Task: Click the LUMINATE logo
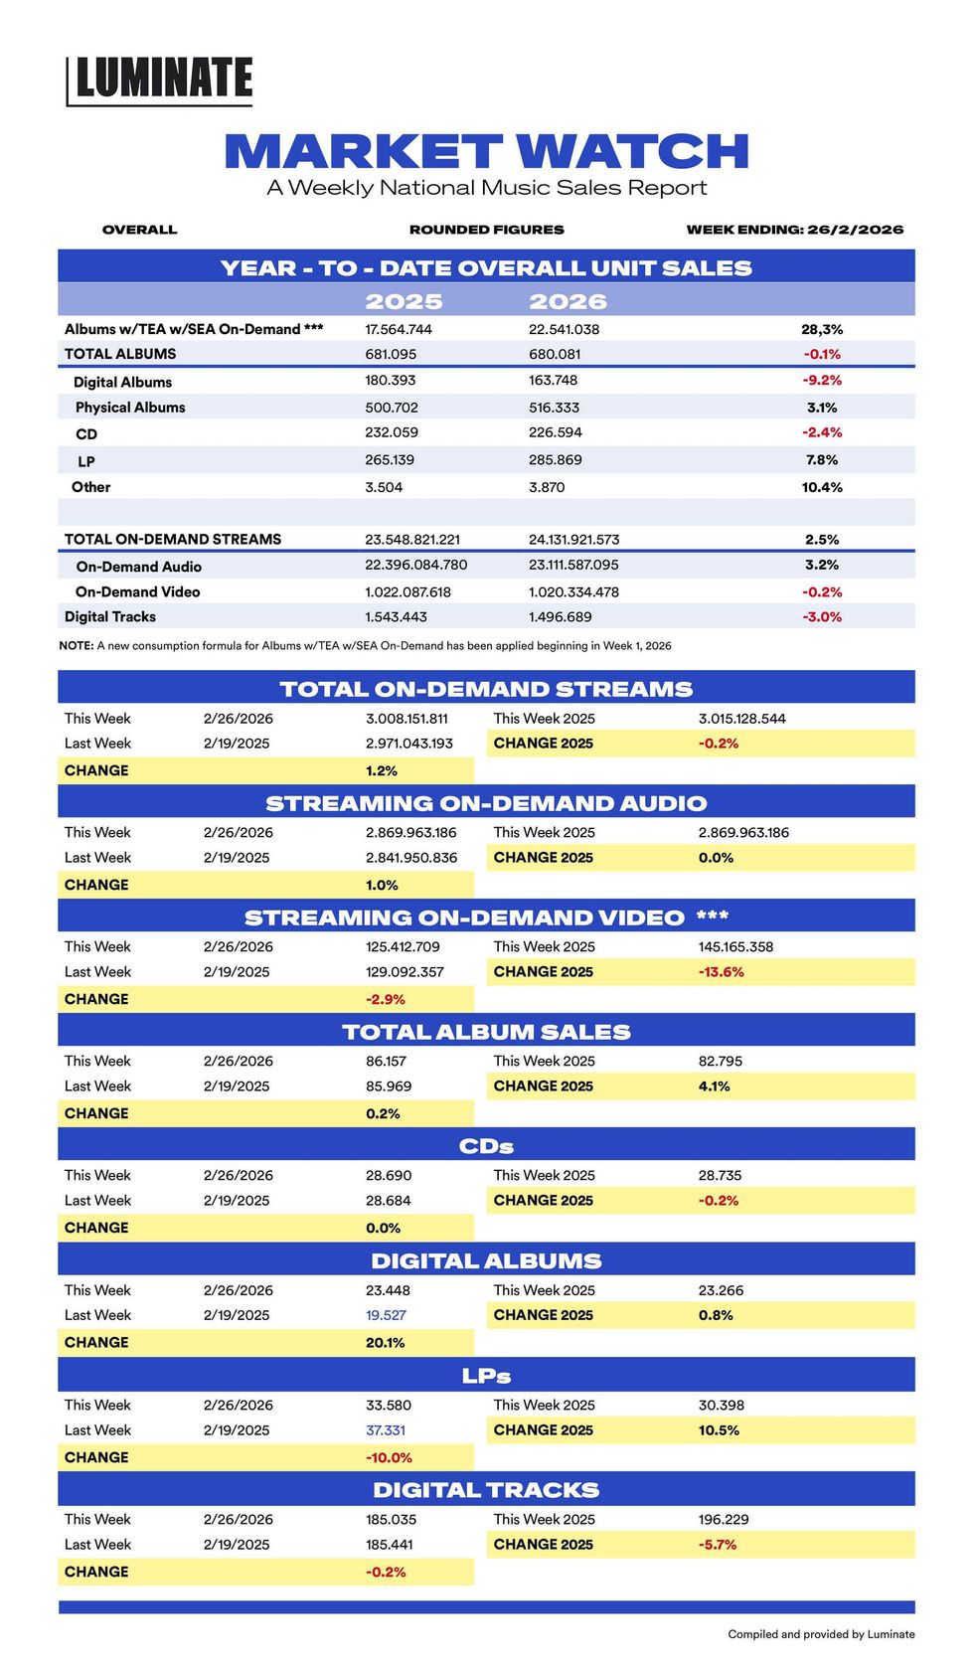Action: [x=161, y=80]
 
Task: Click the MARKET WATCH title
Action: [x=486, y=151]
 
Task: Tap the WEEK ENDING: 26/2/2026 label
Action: [x=795, y=230]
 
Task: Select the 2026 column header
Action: [x=568, y=301]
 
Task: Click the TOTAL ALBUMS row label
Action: [x=120, y=354]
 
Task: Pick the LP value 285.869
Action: [x=556, y=460]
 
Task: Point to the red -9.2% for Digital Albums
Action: [x=822, y=380]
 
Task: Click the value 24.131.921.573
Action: [x=573, y=540]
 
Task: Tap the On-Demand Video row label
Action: [x=138, y=591]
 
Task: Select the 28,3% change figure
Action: [x=822, y=329]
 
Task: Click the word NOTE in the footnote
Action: [x=76, y=646]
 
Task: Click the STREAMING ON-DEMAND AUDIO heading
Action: [x=486, y=803]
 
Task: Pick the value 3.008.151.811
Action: [x=406, y=719]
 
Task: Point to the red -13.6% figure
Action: [x=721, y=972]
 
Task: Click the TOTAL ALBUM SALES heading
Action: [x=486, y=1032]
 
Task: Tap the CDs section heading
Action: [x=486, y=1146]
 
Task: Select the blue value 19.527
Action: [x=386, y=1315]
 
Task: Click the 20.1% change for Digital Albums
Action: [x=385, y=1343]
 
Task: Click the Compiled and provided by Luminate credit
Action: [x=821, y=1634]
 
